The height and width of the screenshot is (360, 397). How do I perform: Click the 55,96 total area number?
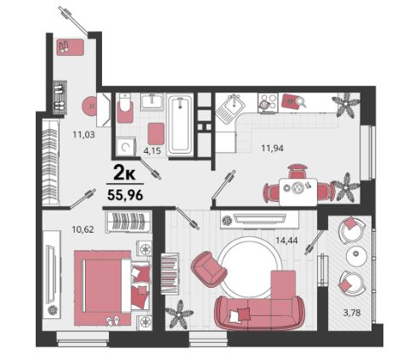coord(125,194)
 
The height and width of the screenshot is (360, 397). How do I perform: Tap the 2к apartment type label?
coord(124,173)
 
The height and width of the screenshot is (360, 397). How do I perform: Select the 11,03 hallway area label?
coord(83,134)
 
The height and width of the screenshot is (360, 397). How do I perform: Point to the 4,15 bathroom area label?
coord(152,150)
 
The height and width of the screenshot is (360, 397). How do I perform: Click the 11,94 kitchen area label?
coord(272,148)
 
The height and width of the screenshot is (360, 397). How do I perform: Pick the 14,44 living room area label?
coord(286,240)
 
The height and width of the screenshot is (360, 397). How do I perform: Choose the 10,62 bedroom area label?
coord(82,229)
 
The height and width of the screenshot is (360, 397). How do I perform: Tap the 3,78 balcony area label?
coord(352,312)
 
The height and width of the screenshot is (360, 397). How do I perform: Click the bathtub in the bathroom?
coord(180,124)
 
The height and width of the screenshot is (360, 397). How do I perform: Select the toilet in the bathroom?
coord(125,110)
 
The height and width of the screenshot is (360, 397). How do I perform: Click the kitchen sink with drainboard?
coord(230,109)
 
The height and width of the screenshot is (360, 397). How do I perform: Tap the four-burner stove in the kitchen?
coord(268,104)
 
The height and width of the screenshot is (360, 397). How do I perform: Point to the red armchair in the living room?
coord(209,269)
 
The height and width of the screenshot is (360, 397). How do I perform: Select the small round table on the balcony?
coord(356,256)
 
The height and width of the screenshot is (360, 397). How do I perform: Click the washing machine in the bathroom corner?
coord(125,146)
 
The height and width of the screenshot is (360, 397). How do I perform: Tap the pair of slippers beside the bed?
coord(113,321)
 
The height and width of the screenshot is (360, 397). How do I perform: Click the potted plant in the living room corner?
coord(179,314)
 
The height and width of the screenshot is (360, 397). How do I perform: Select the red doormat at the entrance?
coord(71,47)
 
